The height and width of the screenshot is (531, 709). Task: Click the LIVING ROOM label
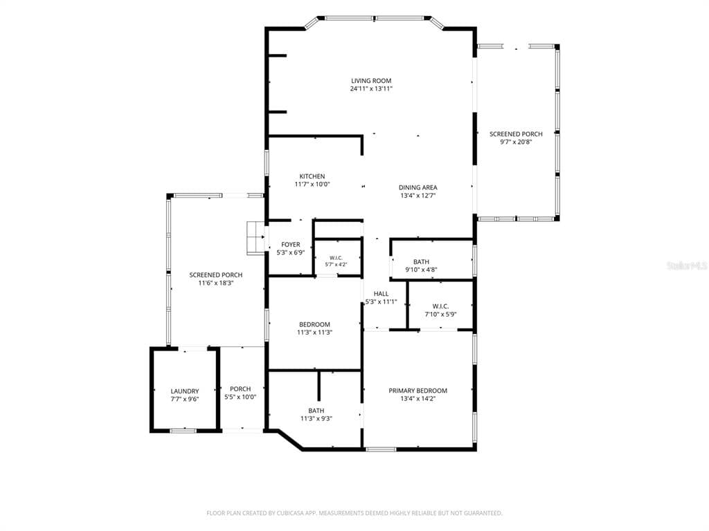[371, 81]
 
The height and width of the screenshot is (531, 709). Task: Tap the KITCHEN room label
[312, 176]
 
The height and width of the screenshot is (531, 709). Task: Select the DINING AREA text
[418, 187]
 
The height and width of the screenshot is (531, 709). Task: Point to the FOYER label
[291, 245]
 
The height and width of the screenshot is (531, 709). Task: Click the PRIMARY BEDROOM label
[418, 391]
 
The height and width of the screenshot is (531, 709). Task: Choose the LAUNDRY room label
[184, 391]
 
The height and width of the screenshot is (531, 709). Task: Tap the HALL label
[382, 293]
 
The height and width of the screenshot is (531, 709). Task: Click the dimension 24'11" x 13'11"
[371, 89]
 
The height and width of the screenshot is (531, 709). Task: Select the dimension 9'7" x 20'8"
[516, 142]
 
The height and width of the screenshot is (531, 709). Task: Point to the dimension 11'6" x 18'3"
[216, 283]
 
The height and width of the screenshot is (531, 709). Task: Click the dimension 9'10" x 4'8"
[421, 270]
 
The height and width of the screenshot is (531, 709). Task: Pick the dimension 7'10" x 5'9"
[440, 315]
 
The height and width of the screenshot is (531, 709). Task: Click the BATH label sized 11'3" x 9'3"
[316, 411]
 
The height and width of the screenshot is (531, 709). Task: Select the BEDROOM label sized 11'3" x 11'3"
[315, 324]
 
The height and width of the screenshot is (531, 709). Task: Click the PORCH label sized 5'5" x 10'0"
[240, 389]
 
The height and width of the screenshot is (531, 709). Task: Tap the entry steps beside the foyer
[256, 238]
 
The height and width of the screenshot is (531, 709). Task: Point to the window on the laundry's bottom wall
[183, 430]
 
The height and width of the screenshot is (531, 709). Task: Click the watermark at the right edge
[688, 265]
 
